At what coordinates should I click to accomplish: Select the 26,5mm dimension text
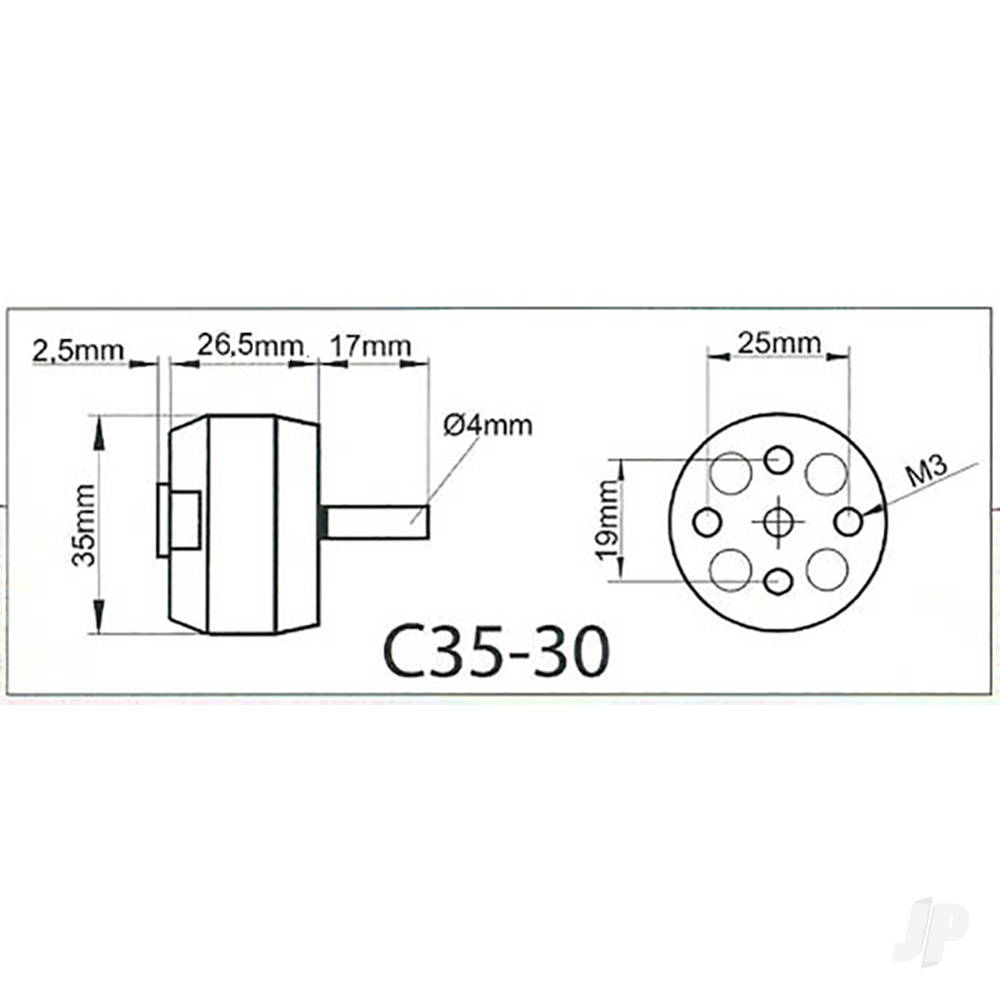pos(250,345)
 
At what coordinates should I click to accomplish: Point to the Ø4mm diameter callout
pos(487,425)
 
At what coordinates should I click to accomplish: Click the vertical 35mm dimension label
pos(84,525)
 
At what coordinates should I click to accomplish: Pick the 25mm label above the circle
pos(779,343)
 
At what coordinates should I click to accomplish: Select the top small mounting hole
pos(778,461)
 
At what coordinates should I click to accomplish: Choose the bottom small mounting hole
pos(778,580)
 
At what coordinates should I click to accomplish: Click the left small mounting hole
pos(708,521)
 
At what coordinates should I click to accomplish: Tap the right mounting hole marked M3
pos(849,521)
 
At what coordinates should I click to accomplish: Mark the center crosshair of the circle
pos(778,521)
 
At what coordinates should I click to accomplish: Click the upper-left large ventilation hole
pos(731,473)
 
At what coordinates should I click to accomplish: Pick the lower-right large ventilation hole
pos(827,569)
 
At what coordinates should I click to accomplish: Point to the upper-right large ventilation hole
pos(827,473)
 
